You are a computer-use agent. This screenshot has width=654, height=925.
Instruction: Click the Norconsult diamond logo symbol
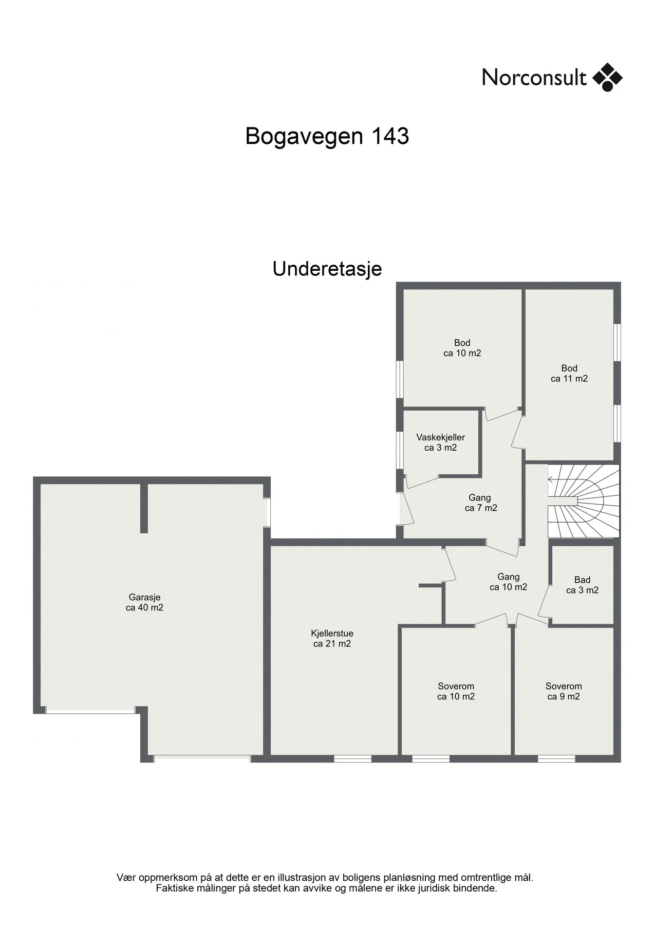[x=607, y=77]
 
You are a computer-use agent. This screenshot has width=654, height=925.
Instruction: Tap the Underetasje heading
[x=327, y=269]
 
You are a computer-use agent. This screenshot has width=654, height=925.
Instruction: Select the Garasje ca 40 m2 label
[x=145, y=602]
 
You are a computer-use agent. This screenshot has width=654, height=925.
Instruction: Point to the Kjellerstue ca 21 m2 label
[x=332, y=638]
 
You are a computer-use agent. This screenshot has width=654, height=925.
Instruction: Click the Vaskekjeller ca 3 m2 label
[x=441, y=442]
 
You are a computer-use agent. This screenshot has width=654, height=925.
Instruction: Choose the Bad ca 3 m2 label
[x=582, y=585]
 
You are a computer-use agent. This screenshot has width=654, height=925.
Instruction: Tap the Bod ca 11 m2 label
[x=569, y=374]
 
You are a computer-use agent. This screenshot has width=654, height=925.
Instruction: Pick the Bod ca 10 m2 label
[x=462, y=348]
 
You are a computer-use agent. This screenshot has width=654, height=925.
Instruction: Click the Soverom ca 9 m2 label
[x=564, y=691]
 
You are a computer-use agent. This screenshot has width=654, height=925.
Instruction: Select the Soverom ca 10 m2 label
[x=456, y=691]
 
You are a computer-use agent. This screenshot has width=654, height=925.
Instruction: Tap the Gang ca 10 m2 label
[x=508, y=582]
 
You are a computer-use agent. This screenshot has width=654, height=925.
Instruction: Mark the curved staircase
[x=584, y=501]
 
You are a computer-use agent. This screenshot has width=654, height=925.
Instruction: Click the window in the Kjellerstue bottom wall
[x=352, y=758]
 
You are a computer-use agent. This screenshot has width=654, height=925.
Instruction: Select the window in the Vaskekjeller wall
[x=399, y=450]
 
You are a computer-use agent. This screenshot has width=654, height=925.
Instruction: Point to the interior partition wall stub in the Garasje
[x=144, y=508]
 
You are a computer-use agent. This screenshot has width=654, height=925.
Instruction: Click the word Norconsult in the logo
[x=534, y=78]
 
